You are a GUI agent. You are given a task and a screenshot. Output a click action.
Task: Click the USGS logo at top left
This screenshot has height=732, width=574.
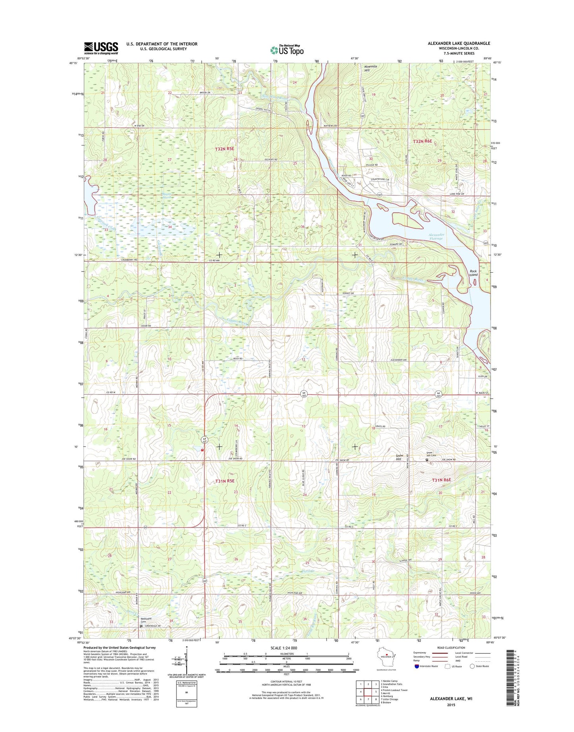click(101, 48)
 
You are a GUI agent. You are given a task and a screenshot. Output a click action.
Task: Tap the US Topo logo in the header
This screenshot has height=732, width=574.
click(287, 50)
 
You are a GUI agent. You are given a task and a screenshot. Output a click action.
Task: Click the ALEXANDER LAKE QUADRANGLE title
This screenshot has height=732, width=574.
click(459, 43)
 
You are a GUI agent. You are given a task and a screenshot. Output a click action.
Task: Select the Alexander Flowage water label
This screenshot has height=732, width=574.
click(436, 236)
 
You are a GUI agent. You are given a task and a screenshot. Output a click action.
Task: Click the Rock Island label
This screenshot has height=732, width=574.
click(473, 273)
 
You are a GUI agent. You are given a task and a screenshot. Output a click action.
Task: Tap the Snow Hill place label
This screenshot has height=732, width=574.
click(399, 457)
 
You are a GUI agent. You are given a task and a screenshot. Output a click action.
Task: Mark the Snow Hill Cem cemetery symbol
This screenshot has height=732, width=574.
click(427, 460)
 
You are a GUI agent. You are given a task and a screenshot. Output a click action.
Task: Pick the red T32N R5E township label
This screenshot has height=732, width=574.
click(224, 149)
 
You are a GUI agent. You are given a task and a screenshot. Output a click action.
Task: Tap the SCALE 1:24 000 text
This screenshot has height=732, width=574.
click(284, 648)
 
